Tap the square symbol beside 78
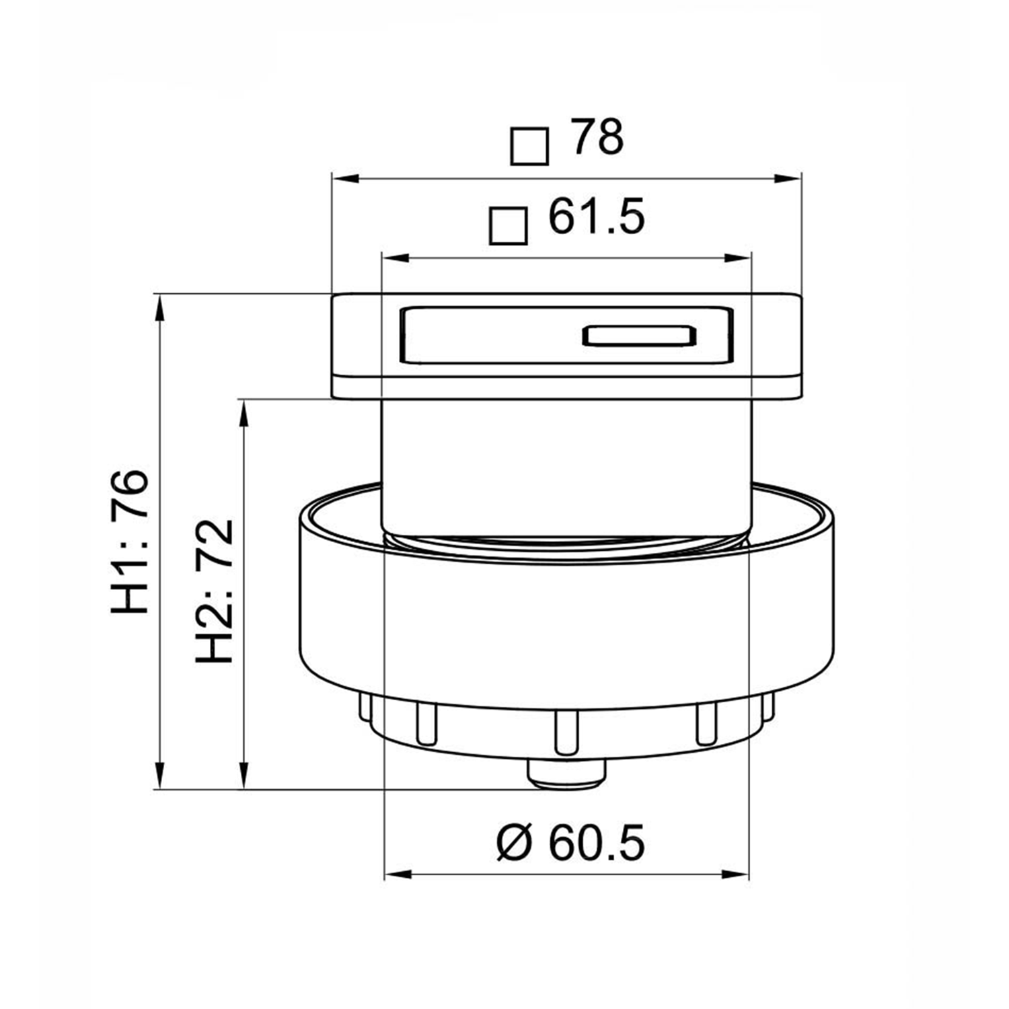(x=529, y=146)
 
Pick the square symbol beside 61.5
(x=508, y=225)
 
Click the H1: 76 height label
(x=129, y=541)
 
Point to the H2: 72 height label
(x=214, y=591)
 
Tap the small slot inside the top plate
(x=638, y=336)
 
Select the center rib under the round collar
(x=566, y=732)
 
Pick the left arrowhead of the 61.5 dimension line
(x=394, y=258)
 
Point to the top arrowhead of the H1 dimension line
(x=159, y=307)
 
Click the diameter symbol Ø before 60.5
(x=514, y=842)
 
